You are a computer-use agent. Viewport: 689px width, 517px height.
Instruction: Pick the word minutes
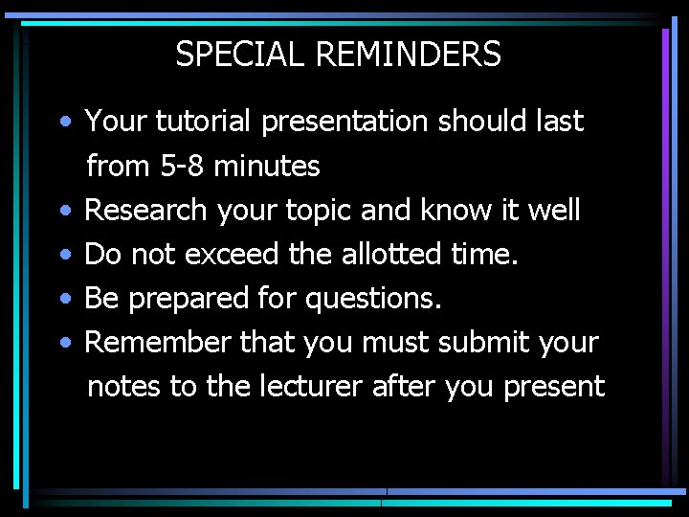(267, 166)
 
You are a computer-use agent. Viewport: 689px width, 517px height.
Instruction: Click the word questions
(373, 300)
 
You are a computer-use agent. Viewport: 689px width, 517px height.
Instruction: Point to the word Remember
(156, 342)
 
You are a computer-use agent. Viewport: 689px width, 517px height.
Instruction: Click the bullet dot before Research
(63, 212)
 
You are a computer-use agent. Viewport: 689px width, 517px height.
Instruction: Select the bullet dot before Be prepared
(63, 300)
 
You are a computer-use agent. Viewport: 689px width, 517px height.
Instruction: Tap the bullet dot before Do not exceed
(63, 256)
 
